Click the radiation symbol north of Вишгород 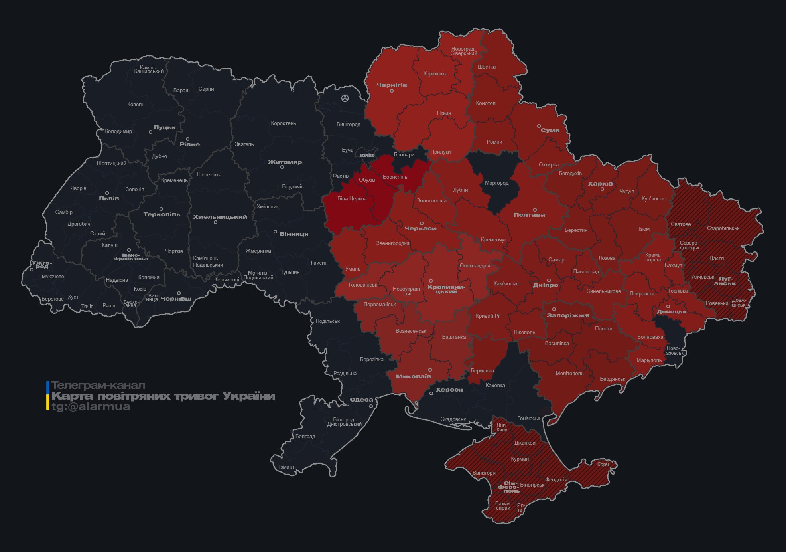[x=345, y=98]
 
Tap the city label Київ [x=367, y=155]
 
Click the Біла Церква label [x=352, y=198]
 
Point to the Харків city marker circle [x=602, y=189]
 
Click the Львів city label [x=108, y=198]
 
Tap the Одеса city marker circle [x=371, y=406]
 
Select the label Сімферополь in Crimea [x=509, y=487]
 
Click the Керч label [x=603, y=464]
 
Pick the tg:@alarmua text [x=91, y=406]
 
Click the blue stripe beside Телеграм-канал [x=48, y=386]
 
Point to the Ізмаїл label [x=286, y=467]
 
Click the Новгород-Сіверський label [x=464, y=51]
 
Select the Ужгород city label [x=42, y=265]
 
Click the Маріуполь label [x=649, y=360]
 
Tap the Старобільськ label [x=723, y=228]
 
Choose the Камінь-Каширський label [x=149, y=69]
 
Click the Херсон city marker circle [x=431, y=394]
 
